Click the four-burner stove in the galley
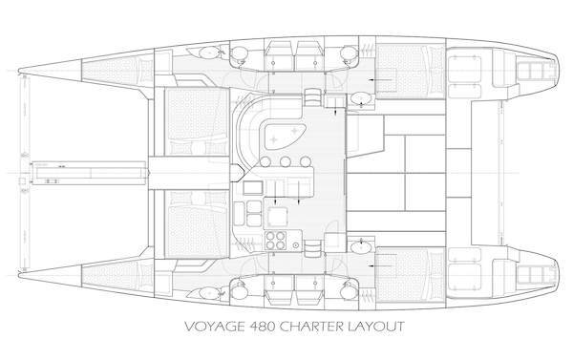[x=278, y=239]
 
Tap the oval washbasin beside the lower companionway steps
[x=361, y=248]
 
